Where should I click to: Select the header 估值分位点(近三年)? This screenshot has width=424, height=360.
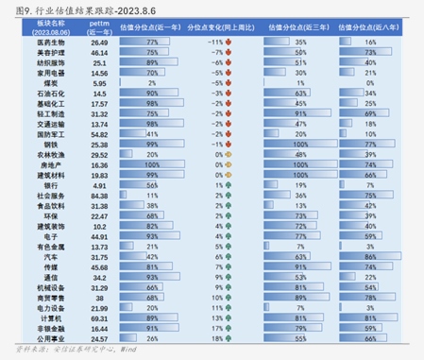click(301, 29)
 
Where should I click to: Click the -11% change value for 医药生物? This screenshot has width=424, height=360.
click(215, 43)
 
